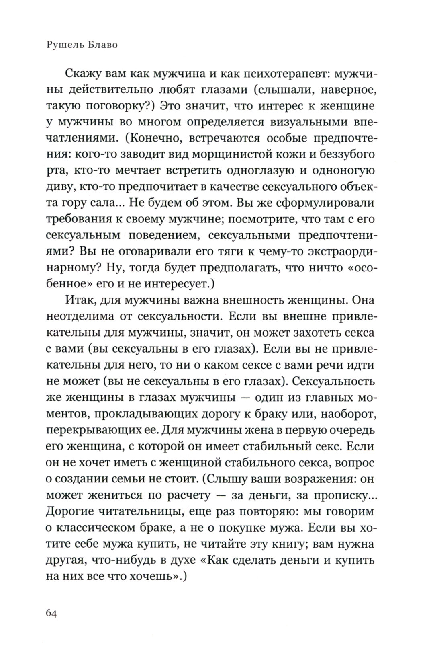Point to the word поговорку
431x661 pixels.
point(110,106)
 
